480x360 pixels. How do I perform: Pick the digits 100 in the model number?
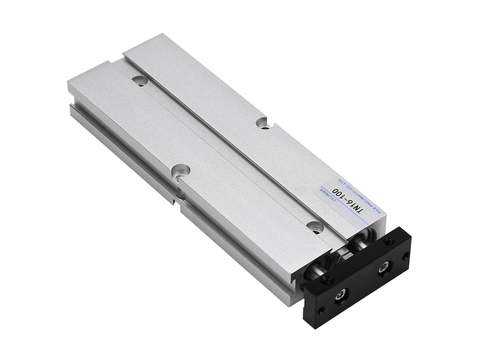tap(341, 194)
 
